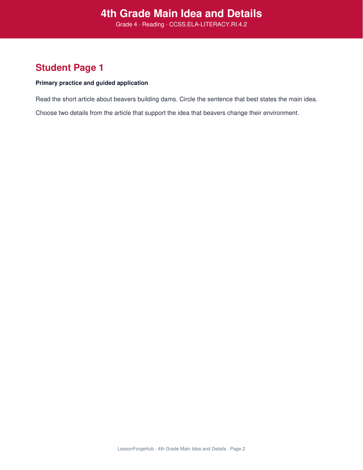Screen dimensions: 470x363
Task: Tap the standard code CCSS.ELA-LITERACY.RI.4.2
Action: pos(208,24)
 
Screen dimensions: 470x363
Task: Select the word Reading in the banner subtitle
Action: pos(153,24)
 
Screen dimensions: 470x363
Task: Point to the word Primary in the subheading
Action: pos(47,83)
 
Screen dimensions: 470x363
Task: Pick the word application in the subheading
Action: pos(132,83)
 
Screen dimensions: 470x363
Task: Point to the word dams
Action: pos(169,99)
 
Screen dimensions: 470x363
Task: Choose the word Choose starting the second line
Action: pos(46,113)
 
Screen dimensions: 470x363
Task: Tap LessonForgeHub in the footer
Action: pos(136,449)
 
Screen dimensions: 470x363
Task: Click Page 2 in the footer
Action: pos(237,449)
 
